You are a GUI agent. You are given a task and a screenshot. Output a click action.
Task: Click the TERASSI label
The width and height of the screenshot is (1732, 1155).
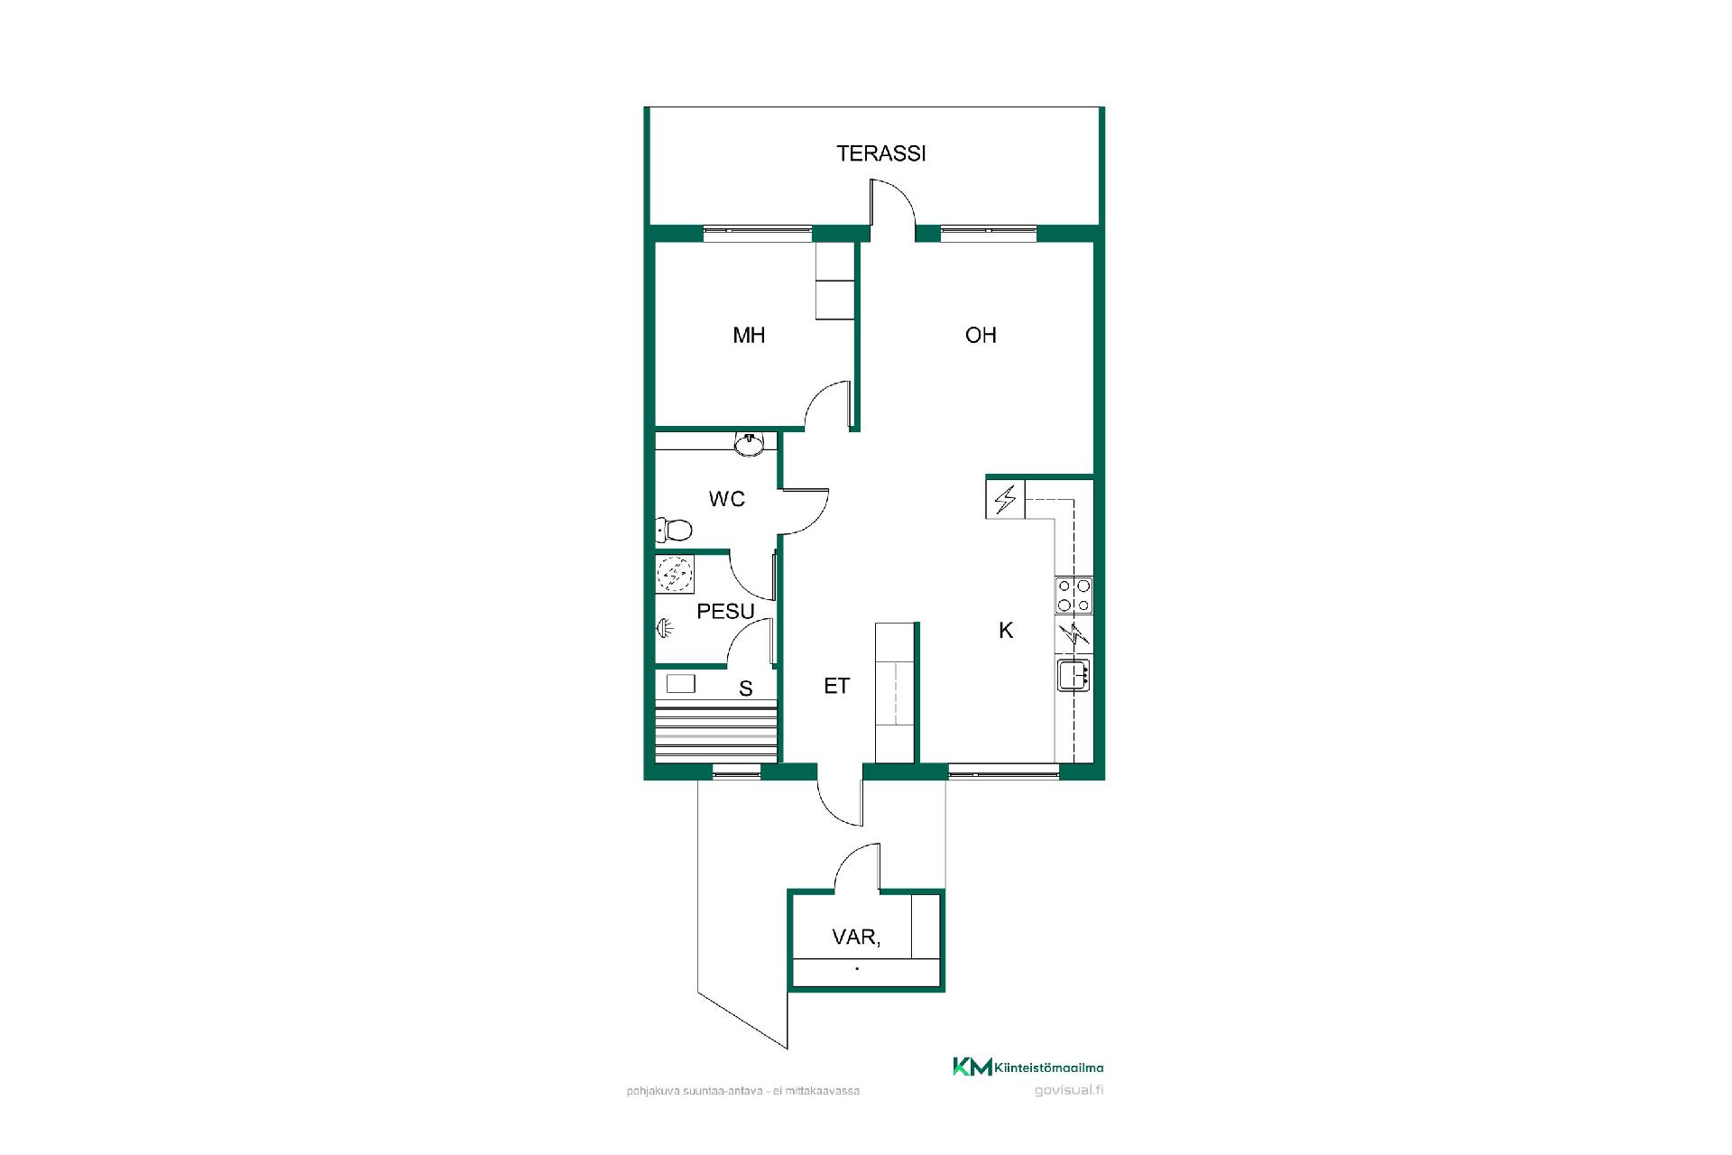[x=881, y=153]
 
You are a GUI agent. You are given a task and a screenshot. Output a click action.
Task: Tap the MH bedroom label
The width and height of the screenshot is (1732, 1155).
[x=749, y=336]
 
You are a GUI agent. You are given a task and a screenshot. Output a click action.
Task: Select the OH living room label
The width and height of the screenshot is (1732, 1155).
[x=981, y=336]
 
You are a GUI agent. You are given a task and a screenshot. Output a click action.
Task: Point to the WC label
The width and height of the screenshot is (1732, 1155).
[x=727, y=499]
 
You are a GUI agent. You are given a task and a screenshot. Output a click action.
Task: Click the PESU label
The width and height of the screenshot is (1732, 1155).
[x=726, y=612]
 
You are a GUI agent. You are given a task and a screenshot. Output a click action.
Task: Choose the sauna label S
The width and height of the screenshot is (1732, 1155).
[x=746, y=689]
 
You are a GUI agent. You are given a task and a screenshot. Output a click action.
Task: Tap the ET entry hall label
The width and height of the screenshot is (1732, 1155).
[x=837, y=686]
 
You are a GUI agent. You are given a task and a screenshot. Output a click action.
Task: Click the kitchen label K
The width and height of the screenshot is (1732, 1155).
[x=1006, y=631]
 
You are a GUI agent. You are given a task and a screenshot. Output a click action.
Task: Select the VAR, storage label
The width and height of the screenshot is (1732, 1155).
[x=856, y=938]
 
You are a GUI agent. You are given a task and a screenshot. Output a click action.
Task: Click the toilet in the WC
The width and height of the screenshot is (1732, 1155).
[x=674, y=529]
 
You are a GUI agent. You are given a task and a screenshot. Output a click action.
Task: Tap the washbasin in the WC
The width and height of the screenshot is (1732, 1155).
[x=749, y=443]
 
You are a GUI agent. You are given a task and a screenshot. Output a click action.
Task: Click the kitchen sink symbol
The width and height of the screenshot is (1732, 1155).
[x=1073, y=675]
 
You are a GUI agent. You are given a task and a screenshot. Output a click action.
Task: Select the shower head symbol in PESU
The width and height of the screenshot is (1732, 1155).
[x=665, y=628]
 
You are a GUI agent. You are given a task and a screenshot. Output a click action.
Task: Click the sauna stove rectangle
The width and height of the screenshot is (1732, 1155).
[x=680, y=683]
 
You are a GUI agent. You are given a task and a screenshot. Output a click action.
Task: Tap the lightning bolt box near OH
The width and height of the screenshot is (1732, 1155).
[x=1005, y=499]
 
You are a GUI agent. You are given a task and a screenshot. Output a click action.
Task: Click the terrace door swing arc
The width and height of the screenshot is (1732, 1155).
[x=902, y=191]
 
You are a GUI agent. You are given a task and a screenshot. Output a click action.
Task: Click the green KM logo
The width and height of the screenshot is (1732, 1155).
[x=972, y=1067]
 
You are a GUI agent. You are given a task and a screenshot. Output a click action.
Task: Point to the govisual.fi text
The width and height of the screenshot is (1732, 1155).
[x=1069, y=1090]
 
